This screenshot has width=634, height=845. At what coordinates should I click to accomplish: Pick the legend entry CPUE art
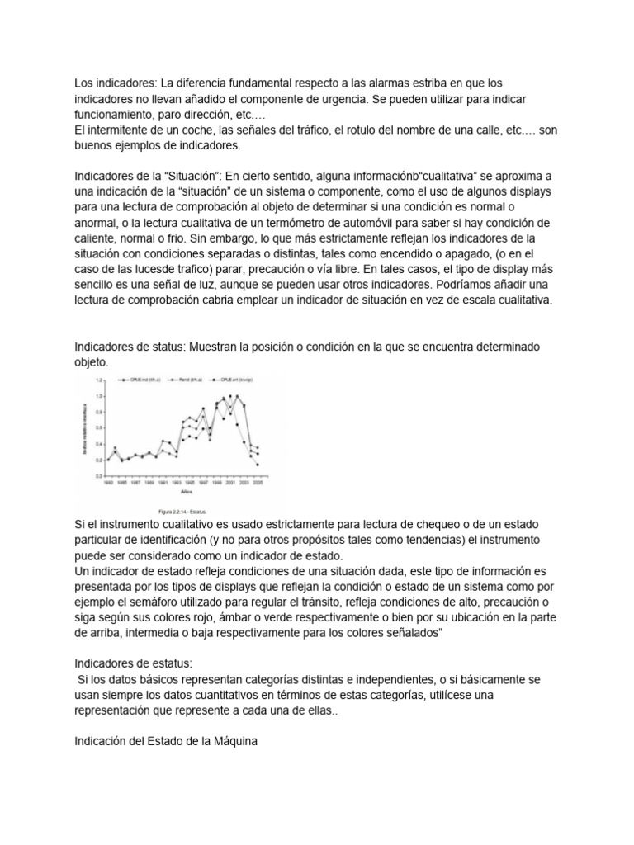235,381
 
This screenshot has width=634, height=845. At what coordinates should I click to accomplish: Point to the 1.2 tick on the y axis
102,380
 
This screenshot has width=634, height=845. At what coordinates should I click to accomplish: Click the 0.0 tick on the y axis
102,476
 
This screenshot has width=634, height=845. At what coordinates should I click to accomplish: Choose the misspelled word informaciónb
365,176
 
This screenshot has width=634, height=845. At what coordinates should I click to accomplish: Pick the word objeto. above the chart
92,362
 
